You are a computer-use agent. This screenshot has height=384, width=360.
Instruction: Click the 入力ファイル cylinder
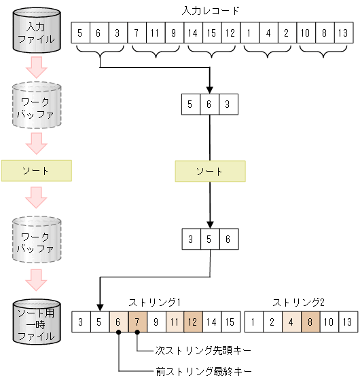[36, 32]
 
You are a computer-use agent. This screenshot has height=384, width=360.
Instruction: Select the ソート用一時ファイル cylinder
[36, 320]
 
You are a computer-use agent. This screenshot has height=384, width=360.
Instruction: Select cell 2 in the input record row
[287, 33]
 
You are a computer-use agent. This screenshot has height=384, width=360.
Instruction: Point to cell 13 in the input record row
[343, 33]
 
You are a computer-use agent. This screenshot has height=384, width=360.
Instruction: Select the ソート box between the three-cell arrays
[210, 171]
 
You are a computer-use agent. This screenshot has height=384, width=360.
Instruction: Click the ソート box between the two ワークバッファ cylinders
[36, 171]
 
